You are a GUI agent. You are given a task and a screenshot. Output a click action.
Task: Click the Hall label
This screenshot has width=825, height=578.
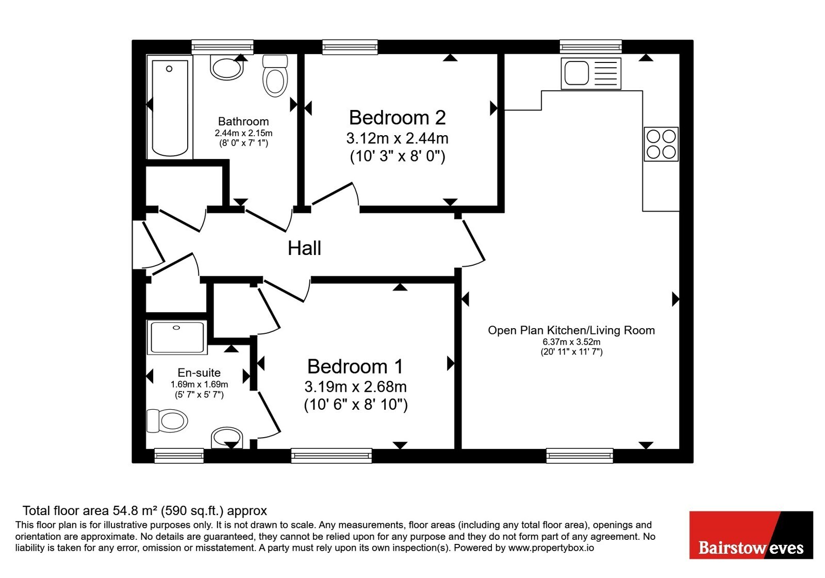304,248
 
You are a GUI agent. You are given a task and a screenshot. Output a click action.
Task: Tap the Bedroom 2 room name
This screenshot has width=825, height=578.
398,118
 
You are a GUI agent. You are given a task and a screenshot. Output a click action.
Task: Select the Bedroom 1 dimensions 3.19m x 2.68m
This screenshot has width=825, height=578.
355,387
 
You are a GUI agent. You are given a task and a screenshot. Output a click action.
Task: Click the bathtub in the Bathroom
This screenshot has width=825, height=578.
170,107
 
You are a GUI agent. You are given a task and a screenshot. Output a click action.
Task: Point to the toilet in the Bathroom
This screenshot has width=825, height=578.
275,75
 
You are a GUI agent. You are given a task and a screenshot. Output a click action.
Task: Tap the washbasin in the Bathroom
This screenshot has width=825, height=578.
226,68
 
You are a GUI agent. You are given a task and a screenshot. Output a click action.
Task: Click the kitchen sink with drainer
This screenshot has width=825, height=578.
591,73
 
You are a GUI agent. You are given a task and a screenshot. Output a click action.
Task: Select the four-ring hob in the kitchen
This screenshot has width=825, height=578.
661,144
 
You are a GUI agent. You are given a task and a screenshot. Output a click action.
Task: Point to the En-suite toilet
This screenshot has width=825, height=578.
167,421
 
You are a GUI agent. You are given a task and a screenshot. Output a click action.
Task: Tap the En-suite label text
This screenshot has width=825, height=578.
199,372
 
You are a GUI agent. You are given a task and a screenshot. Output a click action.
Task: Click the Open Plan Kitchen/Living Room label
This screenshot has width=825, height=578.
571,330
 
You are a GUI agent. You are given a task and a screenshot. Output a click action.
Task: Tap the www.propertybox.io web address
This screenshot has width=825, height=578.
551,548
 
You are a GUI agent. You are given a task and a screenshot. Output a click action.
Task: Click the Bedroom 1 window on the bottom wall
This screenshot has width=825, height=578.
332,456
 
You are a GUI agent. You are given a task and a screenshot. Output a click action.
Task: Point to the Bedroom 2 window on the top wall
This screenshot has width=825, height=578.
350,47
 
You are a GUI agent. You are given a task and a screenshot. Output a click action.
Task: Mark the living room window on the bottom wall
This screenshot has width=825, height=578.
580,456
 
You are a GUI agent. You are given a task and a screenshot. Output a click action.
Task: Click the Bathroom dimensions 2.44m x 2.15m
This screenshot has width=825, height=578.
243,133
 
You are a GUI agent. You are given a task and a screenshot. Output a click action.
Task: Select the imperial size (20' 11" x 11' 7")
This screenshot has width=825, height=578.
571,351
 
